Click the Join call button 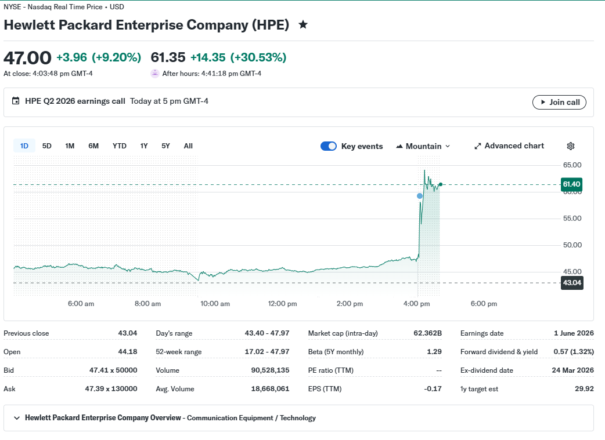tap(559, 102)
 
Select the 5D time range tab tap(46, 146)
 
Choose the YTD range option tap(119, 146)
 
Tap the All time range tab tap(188, 146)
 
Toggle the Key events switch tap(329, 146)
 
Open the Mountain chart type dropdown tap(423, 146)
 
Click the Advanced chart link tap(509, 146)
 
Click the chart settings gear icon tap(571, 146)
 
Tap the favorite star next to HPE tap(303, 25)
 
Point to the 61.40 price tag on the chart tap(571, 184)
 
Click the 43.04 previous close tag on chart tap(571, 283)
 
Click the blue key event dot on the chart tap(420, 196)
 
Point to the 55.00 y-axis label tap(572, 219)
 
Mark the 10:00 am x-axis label tap(215, 304)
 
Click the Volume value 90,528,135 tap(270, 370)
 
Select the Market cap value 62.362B tap(427, 333)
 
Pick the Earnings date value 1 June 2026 tap(574, 333)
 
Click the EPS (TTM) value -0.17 tap(433, 389)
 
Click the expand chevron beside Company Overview tap(17, 418)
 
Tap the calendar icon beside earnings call tap(16, 101)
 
